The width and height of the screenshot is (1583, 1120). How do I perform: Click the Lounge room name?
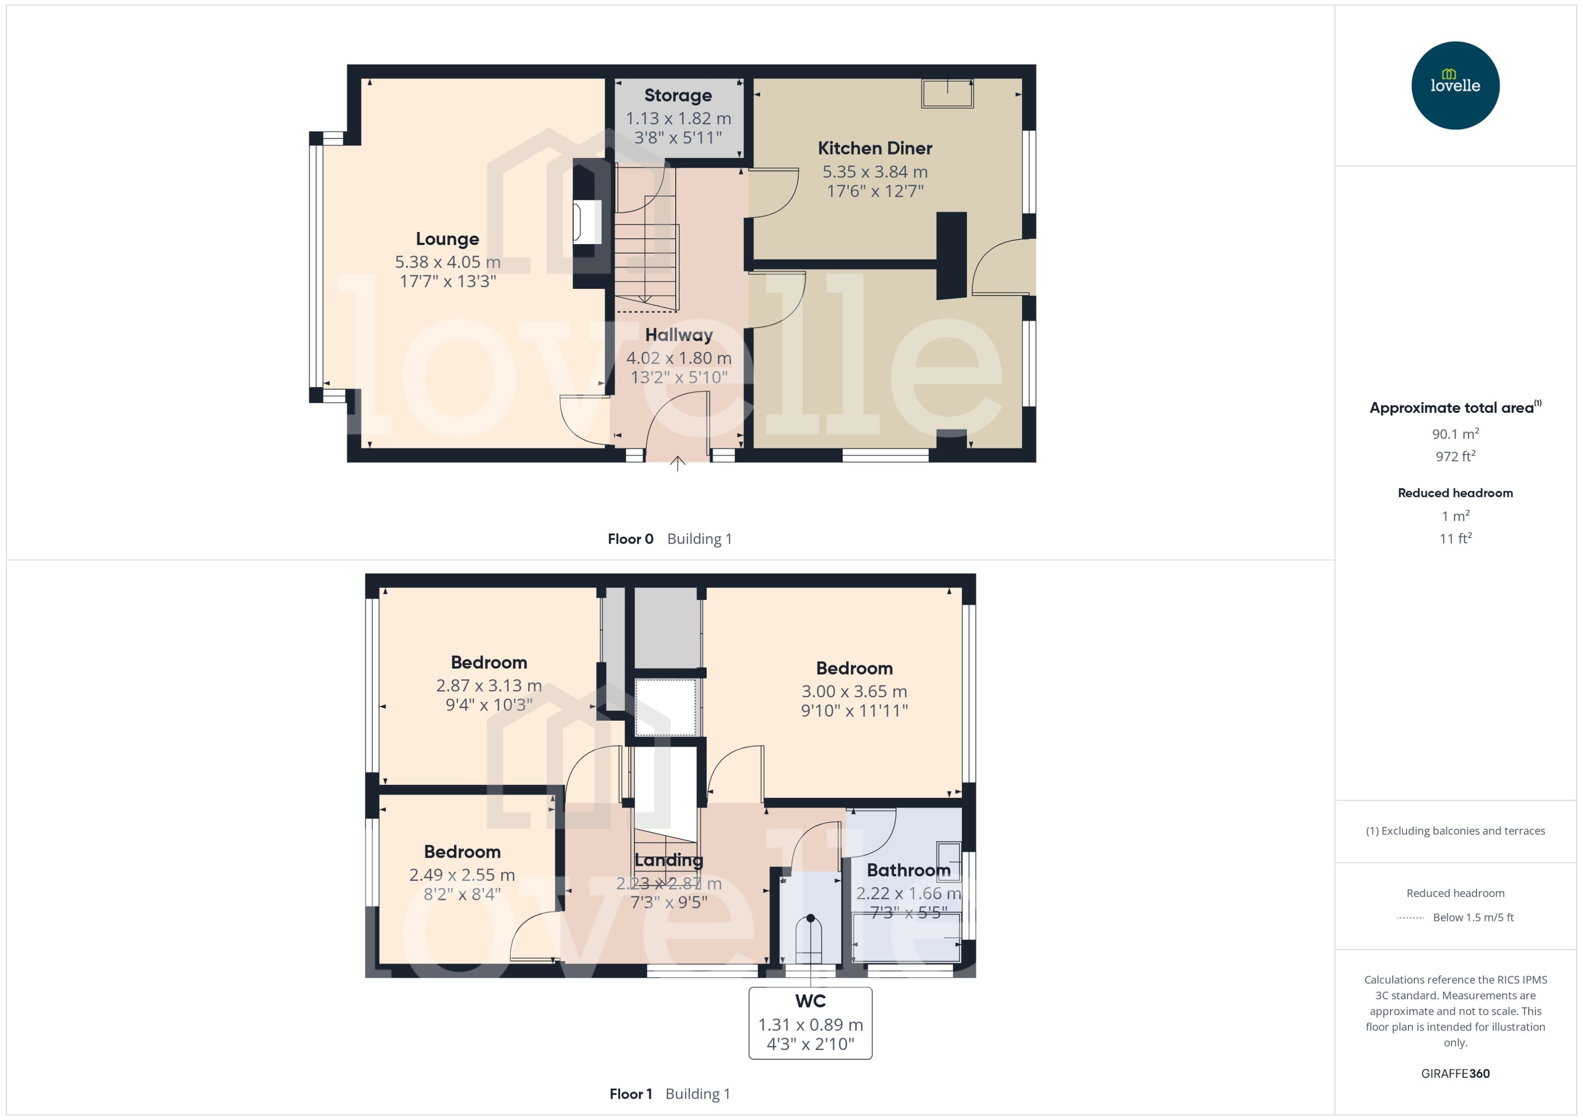coord(447,239)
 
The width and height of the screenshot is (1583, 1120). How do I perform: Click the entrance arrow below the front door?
coord(678,463)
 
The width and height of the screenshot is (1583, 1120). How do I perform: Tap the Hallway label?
coord(679,335)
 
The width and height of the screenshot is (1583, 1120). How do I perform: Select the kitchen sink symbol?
coord(947,94)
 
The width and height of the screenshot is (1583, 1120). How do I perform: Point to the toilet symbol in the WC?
coord(810,940)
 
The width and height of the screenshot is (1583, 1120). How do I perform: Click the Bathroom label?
coord(908,870)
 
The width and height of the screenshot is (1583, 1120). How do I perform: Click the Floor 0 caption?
coord(630,539)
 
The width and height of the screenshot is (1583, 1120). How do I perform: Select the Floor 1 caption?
coord(630,1094)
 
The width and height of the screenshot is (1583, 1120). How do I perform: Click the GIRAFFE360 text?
coord(1455,1074)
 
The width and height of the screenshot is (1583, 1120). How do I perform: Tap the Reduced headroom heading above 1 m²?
coord(1455,493)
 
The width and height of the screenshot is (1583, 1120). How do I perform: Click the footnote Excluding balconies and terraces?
coord(1455,831)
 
